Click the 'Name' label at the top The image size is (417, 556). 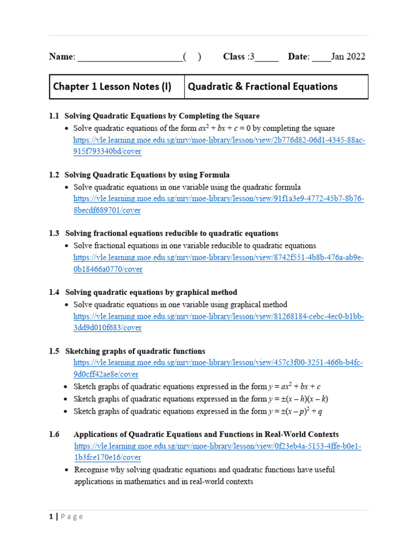coord(61,57)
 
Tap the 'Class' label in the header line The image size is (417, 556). coord(234,57)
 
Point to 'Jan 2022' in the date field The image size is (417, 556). coord(348,57)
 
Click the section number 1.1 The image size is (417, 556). coord(54,116)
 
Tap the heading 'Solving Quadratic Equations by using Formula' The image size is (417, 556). coord(147,175)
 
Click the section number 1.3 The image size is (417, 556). coord(54,233)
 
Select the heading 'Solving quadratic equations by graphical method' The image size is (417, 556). coord(151,292)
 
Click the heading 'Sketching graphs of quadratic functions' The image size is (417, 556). coord(135,351)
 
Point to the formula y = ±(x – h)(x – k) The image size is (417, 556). coord(299,399)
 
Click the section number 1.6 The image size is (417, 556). coord(54,434)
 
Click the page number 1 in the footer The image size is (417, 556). coord(50,517)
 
